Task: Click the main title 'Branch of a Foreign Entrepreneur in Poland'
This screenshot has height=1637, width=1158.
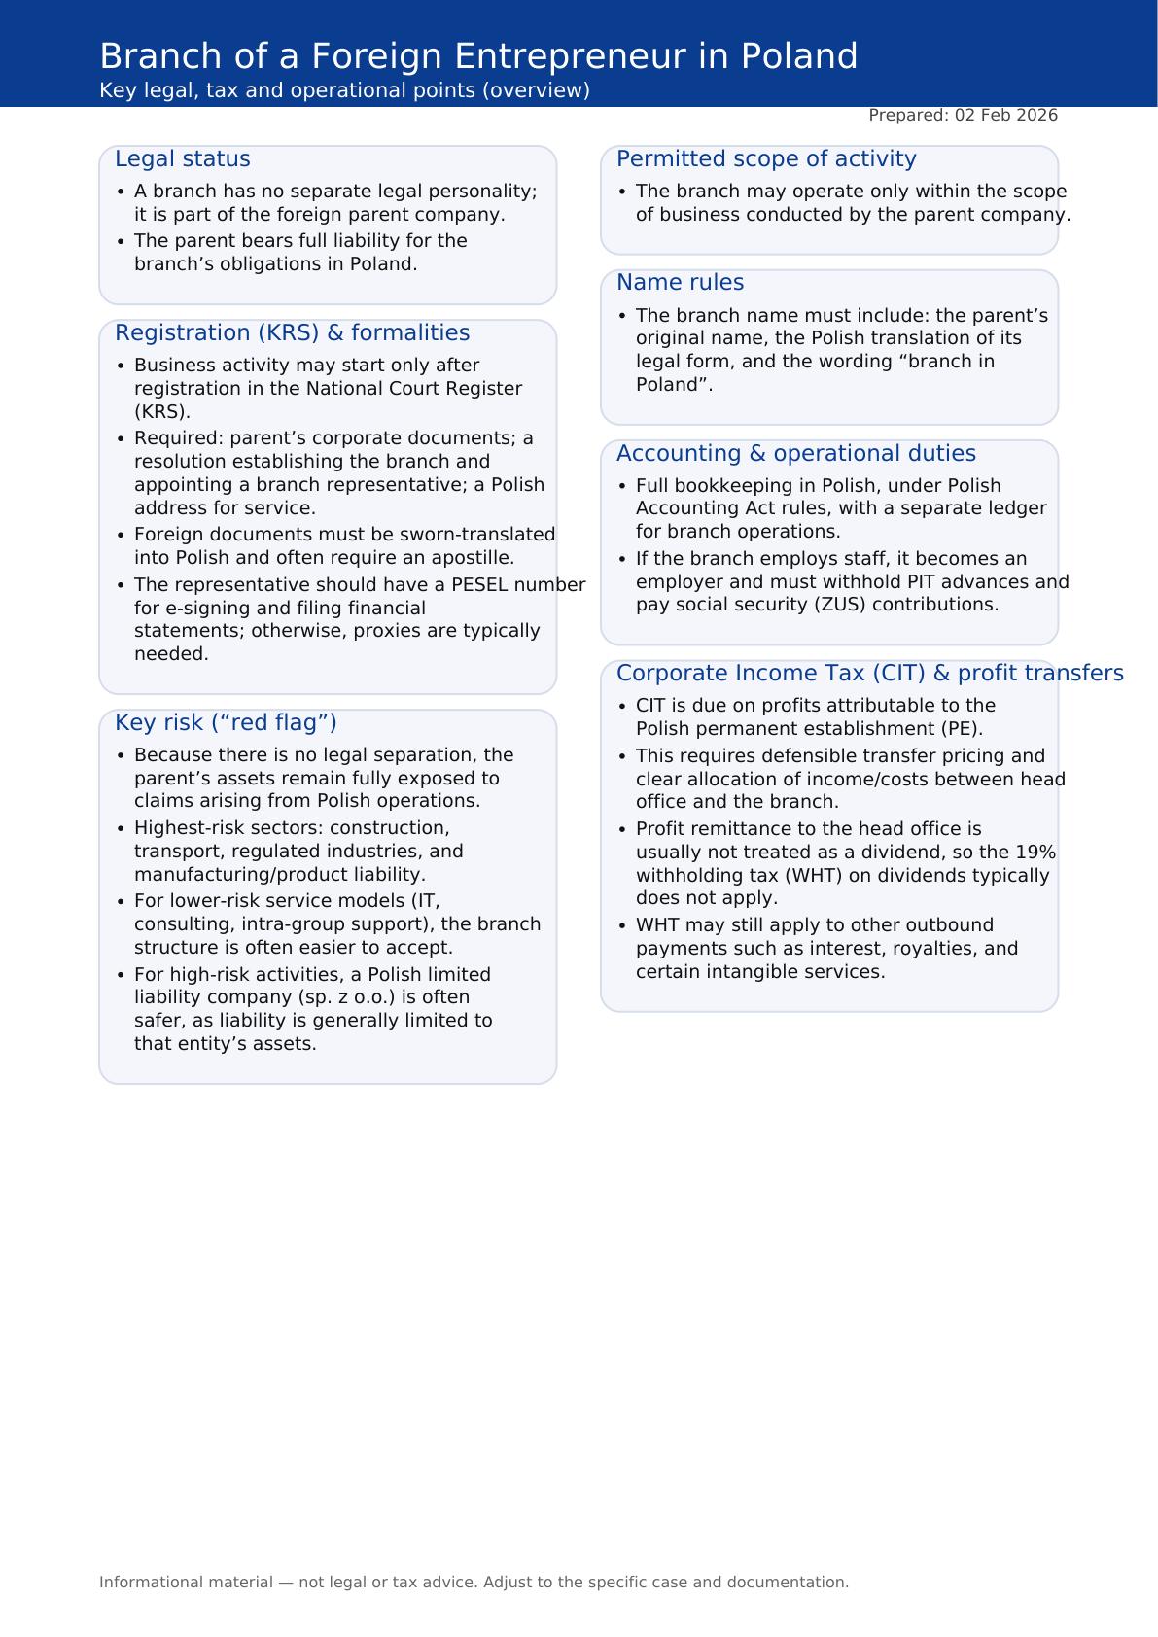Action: (478, 56)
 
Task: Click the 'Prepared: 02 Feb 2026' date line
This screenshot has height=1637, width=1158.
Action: (963, 116)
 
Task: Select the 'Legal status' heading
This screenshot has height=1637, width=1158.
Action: (182, 159)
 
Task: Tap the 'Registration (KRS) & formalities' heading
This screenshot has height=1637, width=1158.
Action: (292, 333)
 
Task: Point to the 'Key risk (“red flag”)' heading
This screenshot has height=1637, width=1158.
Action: (226, 723)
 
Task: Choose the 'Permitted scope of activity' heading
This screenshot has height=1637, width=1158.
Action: (766, 159)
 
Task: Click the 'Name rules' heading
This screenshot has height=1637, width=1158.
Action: (680, 283)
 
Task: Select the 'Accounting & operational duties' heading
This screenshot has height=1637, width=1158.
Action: (795, 454)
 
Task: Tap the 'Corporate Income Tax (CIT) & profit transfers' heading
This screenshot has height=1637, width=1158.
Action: (869, 674)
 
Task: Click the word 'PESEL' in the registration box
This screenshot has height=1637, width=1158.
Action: (479, 585)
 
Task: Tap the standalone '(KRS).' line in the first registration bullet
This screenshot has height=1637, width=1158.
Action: (162, 411)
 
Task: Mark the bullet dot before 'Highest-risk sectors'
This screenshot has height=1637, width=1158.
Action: (121, 828)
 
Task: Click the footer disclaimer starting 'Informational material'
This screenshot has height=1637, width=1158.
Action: (474, 1583)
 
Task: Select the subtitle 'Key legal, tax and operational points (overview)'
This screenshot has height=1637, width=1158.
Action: (344, 90)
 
